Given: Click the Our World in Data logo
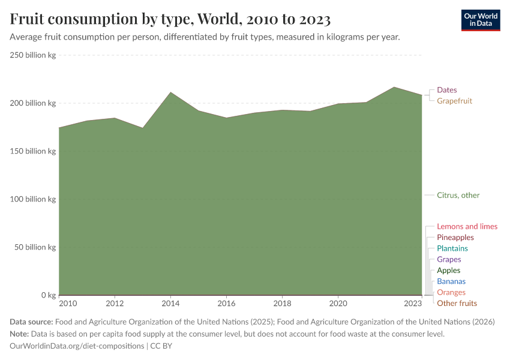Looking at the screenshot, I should pyautogui.click(x=480, y=20).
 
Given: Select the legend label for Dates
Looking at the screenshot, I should pyautogui.click(x=446, y=90).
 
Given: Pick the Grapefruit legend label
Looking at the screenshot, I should pyautogui.click(x=454, y=101).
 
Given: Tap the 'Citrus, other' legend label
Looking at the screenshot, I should pyautogui.click(x=458, y=195).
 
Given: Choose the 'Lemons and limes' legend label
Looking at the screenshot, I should pyautogui.click(x=467, y=226).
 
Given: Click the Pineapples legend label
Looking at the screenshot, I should pyautogui.click(x=455, y=238).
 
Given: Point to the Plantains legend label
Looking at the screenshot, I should pyautogui.click(x=452, y=248).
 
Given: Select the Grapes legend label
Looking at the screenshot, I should pyautogui.click(x=449, y=259).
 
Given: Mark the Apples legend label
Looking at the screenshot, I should pyautogui.click(x=448, y=270).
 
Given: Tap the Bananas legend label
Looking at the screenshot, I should pyautogui.click(x=451, y=281).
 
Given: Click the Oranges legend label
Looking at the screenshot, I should pyautogui.click(x=451, y=292).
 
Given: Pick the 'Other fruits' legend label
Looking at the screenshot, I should pyautogui.click(x=457, y=303).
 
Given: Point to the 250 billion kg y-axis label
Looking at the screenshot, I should pyautogui.click(x=33, y=55).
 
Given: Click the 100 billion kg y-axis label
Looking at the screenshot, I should pyautogui.click(x=33, y=199).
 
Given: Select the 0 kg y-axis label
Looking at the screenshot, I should pyautogui.click(x=48, y=295).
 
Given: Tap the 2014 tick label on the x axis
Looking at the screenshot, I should pyautogui.click(x=170, y=303).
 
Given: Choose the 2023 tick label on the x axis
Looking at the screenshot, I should pyautogui.click(x=413, y=303).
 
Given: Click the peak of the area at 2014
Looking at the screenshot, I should pyautogui.click(x=170, y=92).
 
